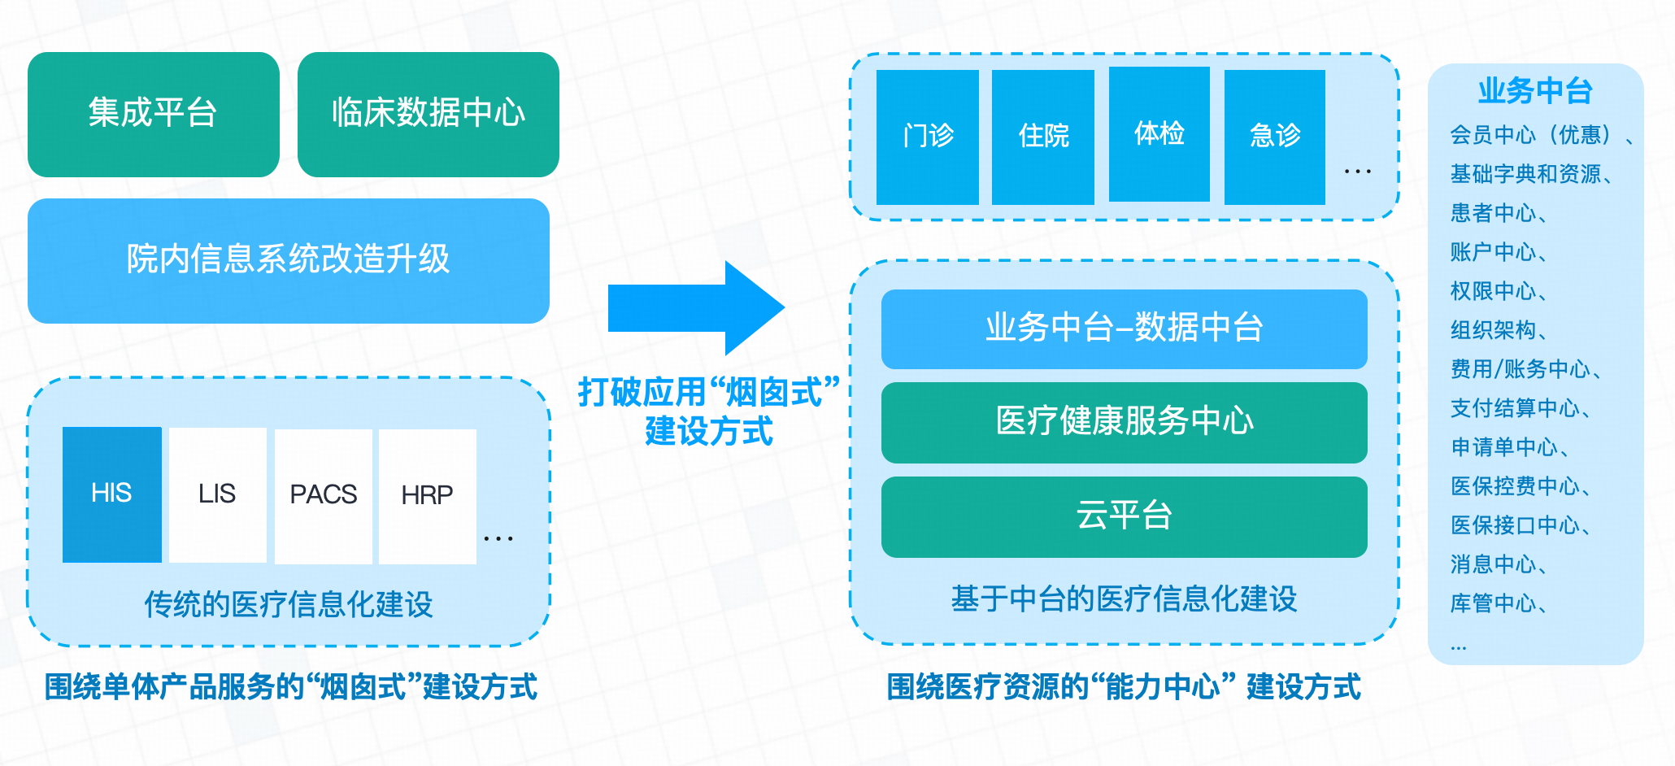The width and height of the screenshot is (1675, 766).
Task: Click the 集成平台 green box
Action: (153, 114)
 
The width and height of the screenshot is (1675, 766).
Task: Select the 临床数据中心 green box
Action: (428, 114)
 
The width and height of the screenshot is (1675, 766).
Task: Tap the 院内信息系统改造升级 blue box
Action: (288, 260)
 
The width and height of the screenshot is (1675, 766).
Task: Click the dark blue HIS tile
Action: (111, 494)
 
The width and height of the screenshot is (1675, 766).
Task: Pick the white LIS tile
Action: (217, 494)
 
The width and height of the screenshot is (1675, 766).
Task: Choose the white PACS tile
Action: (323, 495)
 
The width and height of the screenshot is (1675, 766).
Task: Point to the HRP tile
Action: (427, 495)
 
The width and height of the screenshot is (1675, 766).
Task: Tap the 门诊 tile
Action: (927, 136)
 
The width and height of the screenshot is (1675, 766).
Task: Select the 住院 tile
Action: (1042, 136)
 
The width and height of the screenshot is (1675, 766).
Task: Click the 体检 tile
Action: (1159, 134)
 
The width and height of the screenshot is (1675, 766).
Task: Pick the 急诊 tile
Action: (1274, 136)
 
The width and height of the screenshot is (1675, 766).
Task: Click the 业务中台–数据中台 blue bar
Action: (1124, 329)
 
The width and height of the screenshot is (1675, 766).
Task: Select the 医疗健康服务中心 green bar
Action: (1124, 422)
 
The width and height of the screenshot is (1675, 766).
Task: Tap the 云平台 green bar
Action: (1124, 516)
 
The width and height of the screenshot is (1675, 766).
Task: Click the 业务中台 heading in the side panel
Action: (1534, 91)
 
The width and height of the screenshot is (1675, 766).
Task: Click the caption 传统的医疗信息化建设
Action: (288, 605)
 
